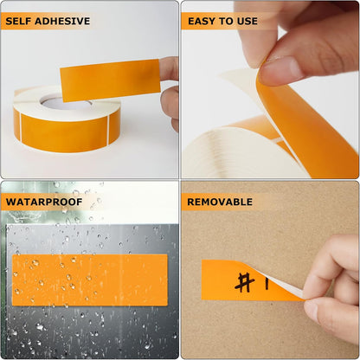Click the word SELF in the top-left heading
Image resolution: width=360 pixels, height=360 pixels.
(x=22, y=21)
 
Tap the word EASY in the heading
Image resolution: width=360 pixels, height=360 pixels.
(x=202, y=21)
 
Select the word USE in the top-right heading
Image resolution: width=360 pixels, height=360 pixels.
(x=247, y=21)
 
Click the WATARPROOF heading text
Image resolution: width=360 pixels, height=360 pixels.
(x=44, y=202)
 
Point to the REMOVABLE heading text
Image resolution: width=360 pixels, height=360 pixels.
(x=220, y=202)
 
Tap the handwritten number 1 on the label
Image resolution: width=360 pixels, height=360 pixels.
(x=266, y=282)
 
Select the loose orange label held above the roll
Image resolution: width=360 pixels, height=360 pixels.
(x=109, y=80)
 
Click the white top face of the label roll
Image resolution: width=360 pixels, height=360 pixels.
(x=35, y=98)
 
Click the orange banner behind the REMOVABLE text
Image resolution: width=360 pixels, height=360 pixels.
(x=260, y=202)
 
